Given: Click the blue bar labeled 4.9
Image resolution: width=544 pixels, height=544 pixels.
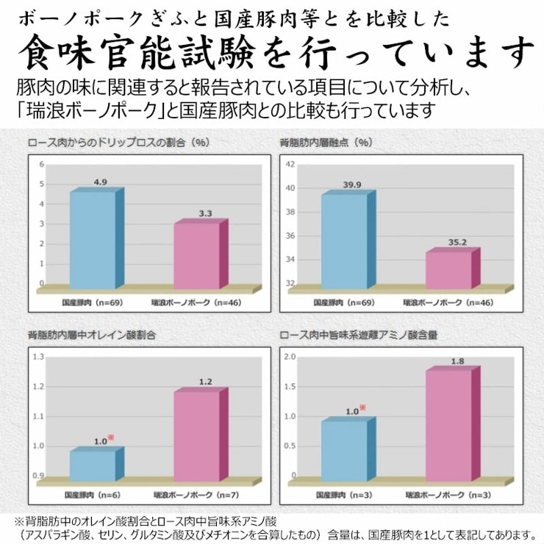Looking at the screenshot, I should [93, 240].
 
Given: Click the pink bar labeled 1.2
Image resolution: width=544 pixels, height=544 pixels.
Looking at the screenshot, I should [197, 437].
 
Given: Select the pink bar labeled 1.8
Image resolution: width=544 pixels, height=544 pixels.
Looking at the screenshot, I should [448, 426].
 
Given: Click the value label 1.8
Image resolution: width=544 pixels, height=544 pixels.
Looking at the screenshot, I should [457, 361].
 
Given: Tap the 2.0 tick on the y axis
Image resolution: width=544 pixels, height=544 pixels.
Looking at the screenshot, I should [290, 357].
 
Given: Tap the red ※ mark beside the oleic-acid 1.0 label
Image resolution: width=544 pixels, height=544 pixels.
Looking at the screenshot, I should [111, 438].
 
